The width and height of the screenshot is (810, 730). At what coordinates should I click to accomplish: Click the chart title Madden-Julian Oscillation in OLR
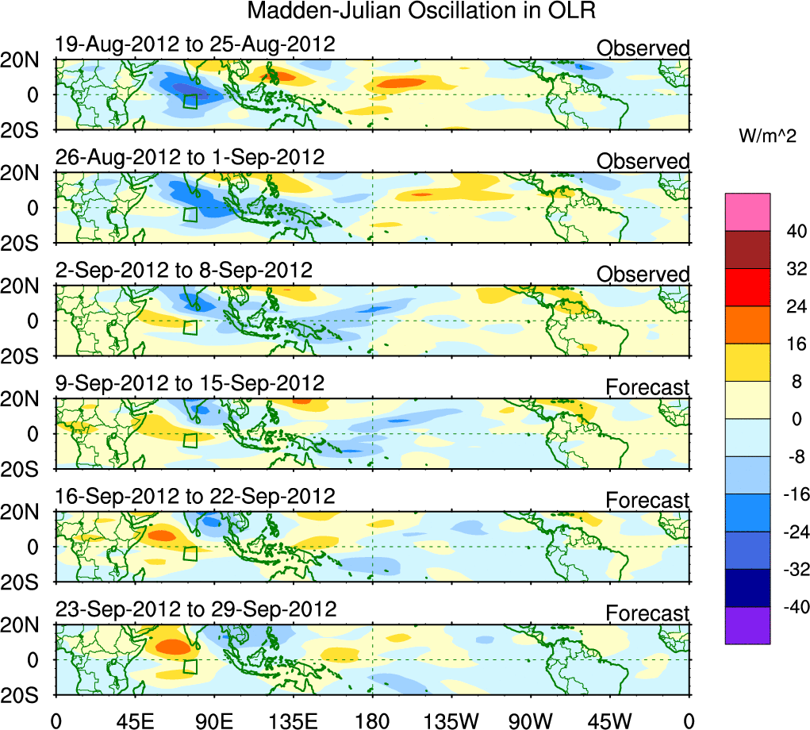coord(421,12)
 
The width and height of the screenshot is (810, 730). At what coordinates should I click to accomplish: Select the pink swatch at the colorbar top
coord(747,211)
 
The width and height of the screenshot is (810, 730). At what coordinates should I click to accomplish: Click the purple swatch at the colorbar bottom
coord(747,625)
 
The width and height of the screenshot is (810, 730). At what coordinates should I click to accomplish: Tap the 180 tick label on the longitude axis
coord(373,720)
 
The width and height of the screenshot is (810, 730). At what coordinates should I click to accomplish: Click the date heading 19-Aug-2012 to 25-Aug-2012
coord(195,44)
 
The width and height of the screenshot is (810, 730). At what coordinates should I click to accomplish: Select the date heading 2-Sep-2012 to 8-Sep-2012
coord(184,270)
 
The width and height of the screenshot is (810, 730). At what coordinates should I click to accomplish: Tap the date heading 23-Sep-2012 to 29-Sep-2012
coord(196,609)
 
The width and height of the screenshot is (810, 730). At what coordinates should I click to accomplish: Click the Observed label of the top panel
coord(643,49)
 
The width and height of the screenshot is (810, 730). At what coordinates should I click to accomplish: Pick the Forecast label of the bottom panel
coord(647,613)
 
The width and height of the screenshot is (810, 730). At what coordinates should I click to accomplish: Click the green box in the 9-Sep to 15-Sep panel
coord(190,440)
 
